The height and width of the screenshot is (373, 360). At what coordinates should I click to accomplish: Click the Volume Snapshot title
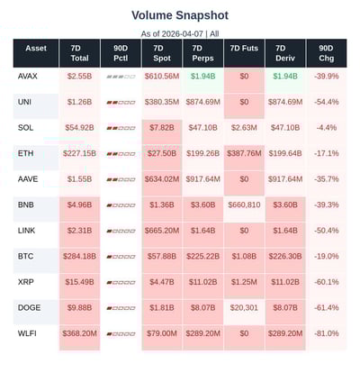(x=180, y=15)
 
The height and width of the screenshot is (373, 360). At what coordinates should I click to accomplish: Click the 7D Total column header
(x=79, y=53)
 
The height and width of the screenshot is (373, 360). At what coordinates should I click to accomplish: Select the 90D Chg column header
(x=327, y=53)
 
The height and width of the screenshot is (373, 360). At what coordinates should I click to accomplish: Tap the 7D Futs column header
(x=243, y=53)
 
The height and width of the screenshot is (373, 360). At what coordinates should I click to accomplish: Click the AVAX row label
(x=28, y=77)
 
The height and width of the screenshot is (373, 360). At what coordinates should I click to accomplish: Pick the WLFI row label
(x=28, y=334)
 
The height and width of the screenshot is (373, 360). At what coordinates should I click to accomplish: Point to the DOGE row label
(x=29, y=308)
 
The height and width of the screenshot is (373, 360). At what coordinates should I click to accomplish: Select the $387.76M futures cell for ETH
(x=243, y=154)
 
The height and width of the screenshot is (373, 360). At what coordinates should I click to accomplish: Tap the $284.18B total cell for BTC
(x=79, y=257)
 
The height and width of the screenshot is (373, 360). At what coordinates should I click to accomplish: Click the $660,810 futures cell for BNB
(x=243, y=205)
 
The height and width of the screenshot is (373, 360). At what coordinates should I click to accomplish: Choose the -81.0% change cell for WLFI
(x=327, y=334)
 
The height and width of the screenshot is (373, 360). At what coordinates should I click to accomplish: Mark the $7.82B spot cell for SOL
(x=161, y=128)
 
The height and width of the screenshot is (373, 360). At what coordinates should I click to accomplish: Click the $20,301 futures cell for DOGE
(x=243, y=308)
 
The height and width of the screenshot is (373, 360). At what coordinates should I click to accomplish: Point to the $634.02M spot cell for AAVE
(x=161, y=179)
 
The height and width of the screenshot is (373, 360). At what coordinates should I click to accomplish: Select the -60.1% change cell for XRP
(x=327, y=283)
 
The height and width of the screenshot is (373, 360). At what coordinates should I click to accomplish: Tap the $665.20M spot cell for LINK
(x=161, y=232)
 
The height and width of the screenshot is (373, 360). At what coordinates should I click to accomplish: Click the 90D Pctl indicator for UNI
(x=120, y=103)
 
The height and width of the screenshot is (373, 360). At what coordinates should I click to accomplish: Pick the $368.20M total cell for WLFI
(x=79, y=334)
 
